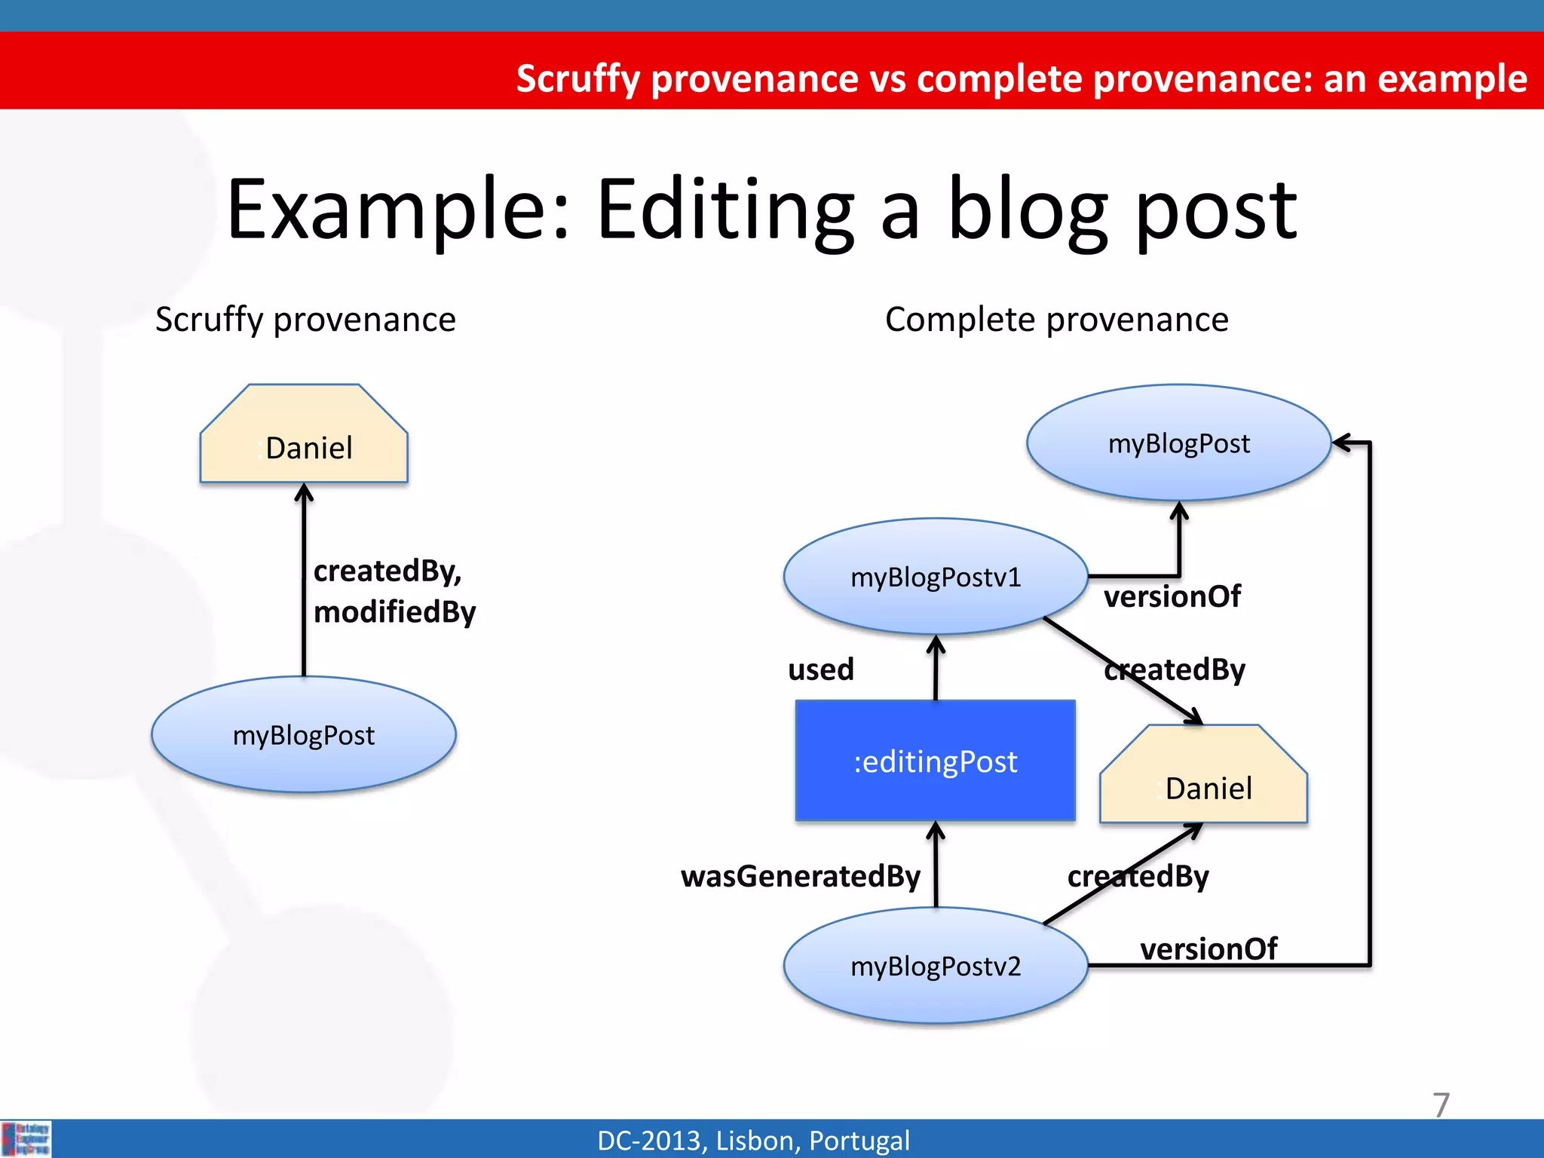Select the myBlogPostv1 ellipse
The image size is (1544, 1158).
[x=935, y=577]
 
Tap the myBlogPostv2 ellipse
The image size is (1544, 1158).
[x=935, y=966]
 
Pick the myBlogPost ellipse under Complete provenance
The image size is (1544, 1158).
[x=1178, y=443]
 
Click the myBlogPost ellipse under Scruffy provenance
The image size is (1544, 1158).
[x=303, y=735]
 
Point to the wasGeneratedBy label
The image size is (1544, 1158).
[x=800, y=876]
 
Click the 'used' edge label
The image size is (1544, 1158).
[x=820, y=669]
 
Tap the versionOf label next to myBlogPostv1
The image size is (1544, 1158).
[x=1172, y=597]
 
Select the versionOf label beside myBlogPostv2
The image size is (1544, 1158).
[x=1208, y=948]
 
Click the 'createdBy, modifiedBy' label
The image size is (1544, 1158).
[x=394, y=591]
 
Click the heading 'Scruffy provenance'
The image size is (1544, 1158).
[x=305, y=320]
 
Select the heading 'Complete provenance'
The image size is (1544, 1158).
[x=1056, y=320]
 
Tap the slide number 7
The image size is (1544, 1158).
[x=1441, y=1105]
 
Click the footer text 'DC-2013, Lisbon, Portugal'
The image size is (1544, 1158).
[x=753, y=1141]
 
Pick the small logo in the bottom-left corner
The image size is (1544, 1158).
[x=26, y=1138]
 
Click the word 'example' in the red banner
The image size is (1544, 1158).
[x=1451, y=78]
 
